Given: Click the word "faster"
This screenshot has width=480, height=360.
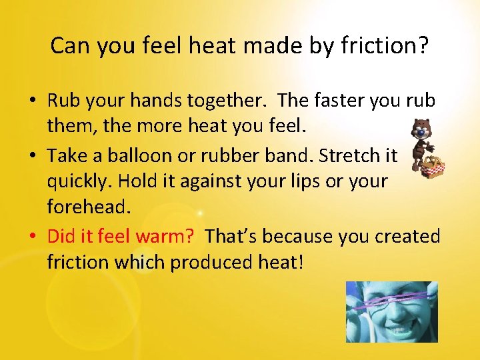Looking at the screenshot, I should pos(335,101).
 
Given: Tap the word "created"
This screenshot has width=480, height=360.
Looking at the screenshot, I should pos(407,235).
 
